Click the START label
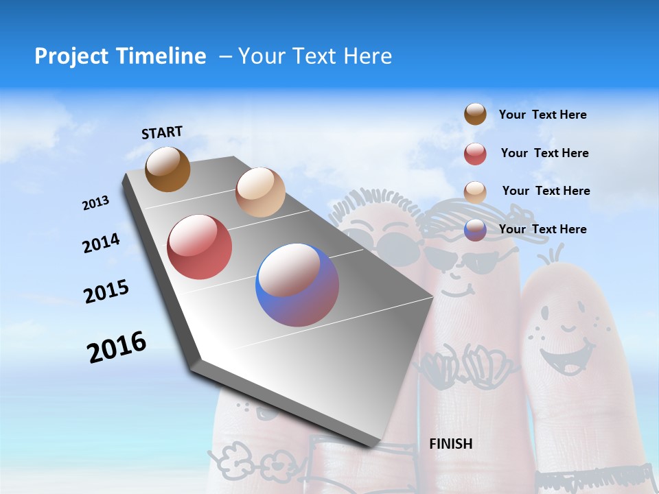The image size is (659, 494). pyautogui.click(x=162, y=132)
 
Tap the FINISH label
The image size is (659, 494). pyautogui.click(x=451, y=444)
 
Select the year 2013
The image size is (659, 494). pyautogui.click(x=96, y=203)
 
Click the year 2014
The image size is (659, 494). pyautogui.click(x=102, y=243)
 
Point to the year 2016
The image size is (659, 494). pyautogui.click(x=117, y=346)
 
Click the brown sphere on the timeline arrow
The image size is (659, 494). pyautogui.click(x=167, y=169)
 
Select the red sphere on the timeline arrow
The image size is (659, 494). pyautogui.click(x=199, y=247)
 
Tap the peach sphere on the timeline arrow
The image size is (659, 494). pyautogui.click(x=260, y=192)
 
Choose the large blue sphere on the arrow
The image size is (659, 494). pyautogui.click(x=297, y=285)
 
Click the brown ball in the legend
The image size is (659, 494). pyautogui.click(x=475, y=114)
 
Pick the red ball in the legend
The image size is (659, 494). pyautogui.click(x=475, y=154)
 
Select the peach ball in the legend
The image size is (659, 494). pyautogui.click(x=475, y=191)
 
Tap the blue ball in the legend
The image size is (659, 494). pyautogui.click(x=475, y=230)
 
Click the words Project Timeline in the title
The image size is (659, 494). pyautogui.click(x=120, y=56)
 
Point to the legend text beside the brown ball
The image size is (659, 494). pyautogui.click(x=542, y=115)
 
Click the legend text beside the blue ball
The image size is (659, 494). pyautogui.click(x=542, y=229)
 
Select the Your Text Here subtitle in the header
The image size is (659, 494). pyautogui.click(x=314, y=56)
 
